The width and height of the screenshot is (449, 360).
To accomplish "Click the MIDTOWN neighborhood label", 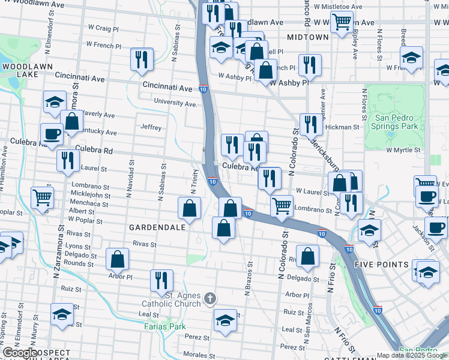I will click(x=308, y=37).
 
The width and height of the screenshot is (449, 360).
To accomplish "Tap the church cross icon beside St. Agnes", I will click(x=209, y=298).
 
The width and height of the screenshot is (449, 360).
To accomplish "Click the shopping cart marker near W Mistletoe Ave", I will click(x=342, y=22).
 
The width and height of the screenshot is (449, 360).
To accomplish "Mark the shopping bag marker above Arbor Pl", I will click(x=118, y=259).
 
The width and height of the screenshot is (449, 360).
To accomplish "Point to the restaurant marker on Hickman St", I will click(x=310, y=125).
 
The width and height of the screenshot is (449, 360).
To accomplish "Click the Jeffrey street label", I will click(x=151, y=127).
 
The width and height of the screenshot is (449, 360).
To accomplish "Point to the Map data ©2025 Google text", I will click(x=412, y=355).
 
